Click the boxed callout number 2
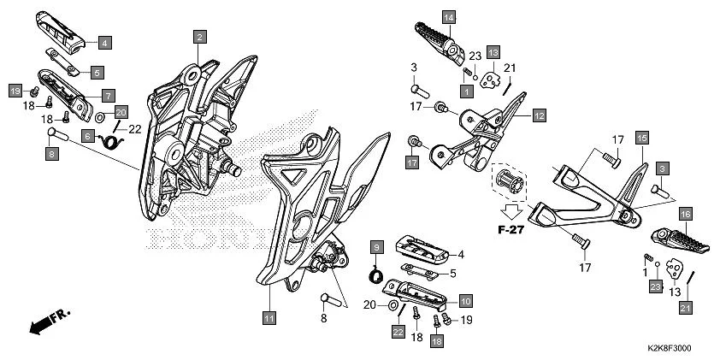pos(198,37)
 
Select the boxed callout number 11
pos(269,318)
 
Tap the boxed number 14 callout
pos(449,17)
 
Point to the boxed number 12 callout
pos(539,114)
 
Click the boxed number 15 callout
pos(641,136)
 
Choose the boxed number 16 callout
pos(686,214)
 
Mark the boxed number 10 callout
pos(465,301)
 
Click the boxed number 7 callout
pos(109,95)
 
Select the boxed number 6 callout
pos(88,135)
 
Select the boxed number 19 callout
pos(15,90)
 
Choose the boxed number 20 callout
pos(121,111)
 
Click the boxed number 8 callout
pos(51,154)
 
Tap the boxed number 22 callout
pos(398,332)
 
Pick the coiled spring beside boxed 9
pos(375,274)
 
